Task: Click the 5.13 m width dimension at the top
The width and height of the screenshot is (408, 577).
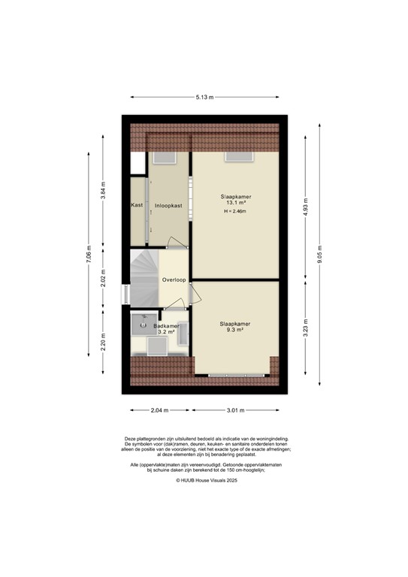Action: coord(204,97)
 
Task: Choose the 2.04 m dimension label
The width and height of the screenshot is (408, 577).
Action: coord(159,410)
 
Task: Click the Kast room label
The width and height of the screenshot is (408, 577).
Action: coord(137,205)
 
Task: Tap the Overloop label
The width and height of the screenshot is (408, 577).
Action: coord(174,280)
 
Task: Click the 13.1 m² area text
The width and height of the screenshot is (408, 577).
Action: coord(236,203)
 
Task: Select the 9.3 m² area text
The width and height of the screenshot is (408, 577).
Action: coord(236,330)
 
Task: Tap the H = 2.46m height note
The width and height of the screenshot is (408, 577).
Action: coord(236,212)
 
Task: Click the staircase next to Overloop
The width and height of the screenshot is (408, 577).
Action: coord(144,279)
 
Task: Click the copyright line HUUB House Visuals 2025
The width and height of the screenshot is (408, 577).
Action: coord(204,479)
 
